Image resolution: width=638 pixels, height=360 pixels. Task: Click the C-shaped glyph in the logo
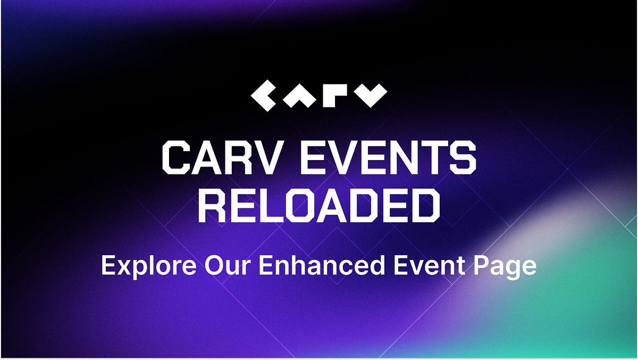tap(264, 96)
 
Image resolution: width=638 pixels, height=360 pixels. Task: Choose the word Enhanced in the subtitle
tap(321, 265)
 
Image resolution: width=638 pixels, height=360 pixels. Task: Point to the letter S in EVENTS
tap(460, 158)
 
